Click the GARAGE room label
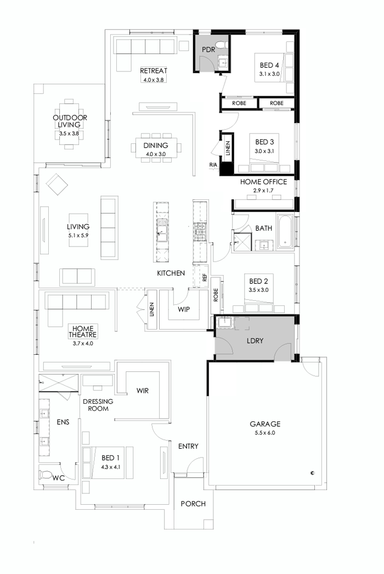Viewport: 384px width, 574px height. tap(265, 423)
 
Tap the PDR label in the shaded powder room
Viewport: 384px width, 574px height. tap(208, 49)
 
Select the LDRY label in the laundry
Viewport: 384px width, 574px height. tap(255, 341)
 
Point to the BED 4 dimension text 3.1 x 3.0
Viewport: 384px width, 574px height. tap(269, 74)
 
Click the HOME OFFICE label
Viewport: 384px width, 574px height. tap(263, 182)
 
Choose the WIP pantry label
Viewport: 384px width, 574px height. tap(184, 309)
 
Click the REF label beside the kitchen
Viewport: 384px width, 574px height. tap(205, 278)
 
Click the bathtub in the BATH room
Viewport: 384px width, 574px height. tap(285, 230)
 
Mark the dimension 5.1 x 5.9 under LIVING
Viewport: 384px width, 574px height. tap(78, 235)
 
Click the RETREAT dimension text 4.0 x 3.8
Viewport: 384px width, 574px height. tap(154, 80)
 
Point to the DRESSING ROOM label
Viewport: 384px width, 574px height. tap(98, 405)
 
